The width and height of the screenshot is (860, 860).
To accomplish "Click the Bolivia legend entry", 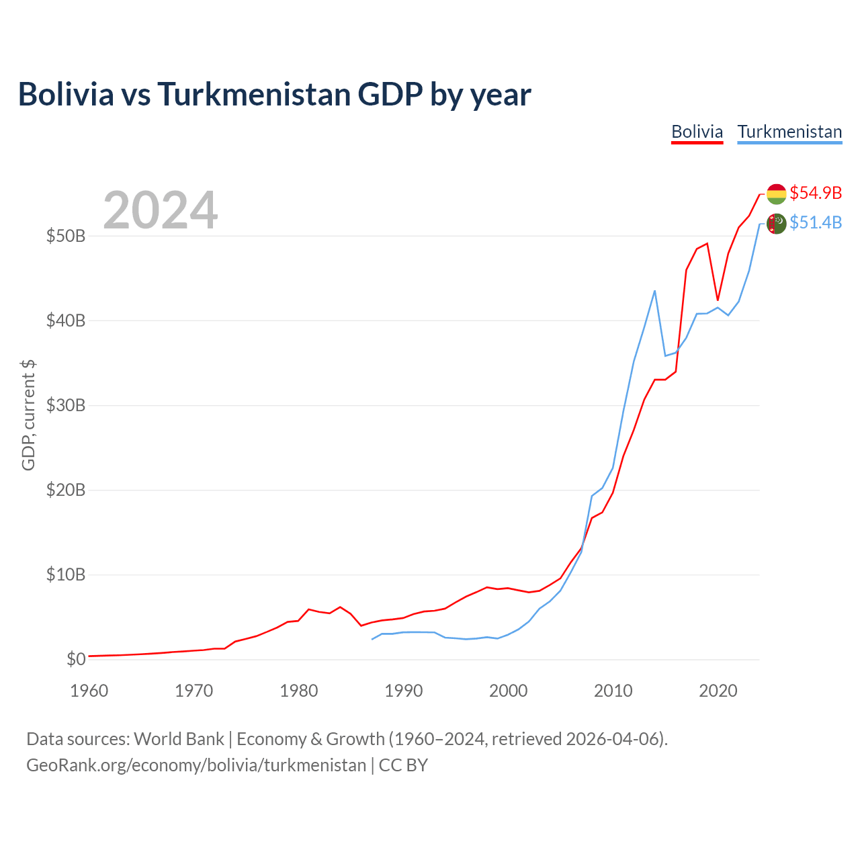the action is click(697, 132).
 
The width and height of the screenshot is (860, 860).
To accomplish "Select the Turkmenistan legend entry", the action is click(789, 132).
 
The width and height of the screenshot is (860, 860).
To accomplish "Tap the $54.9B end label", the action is click(816, 193).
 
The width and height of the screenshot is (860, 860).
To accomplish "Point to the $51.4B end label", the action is click(816, 222).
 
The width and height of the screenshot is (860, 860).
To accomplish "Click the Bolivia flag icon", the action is click(776, 194).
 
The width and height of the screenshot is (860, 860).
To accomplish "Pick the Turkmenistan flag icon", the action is click(776, 224).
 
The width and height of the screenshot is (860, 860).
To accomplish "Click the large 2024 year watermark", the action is click(160, 210).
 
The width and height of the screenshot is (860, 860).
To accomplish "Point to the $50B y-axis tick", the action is click(66, 236).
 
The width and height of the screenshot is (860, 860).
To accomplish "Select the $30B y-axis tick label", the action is click(66, 405).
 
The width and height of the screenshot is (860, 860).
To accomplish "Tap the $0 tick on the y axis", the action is click(76, 659).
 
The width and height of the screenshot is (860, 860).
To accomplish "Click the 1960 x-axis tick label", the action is click(89, 691).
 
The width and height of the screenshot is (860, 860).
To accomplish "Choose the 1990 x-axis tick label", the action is click(403, 691).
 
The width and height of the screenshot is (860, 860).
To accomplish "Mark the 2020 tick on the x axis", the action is click(718, 691).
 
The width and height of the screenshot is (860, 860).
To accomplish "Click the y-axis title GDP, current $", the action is click(28, 415).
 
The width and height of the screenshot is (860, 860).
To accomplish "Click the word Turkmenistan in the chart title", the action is click(254, 94).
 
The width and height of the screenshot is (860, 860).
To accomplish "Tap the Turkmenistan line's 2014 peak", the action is click(654, 291).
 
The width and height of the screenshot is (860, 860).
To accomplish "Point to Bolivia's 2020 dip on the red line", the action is click(718, 300).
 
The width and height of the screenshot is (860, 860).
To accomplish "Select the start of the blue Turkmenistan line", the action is click(372, 640).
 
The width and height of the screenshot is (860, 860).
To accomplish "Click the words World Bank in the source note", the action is click(179, 739).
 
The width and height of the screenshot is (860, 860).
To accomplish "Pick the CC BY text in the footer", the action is click(403, 765).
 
